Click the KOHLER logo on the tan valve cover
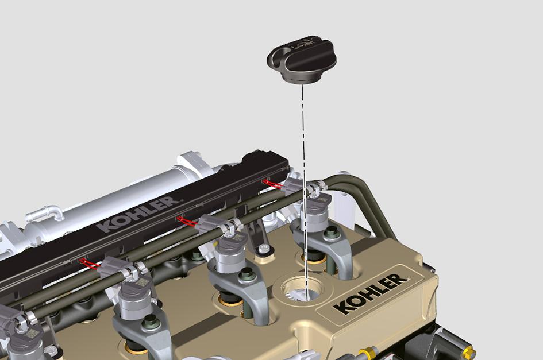pyautogui.click(x=371, y=293)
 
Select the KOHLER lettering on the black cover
pyautogui.click(x=138, y=214)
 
